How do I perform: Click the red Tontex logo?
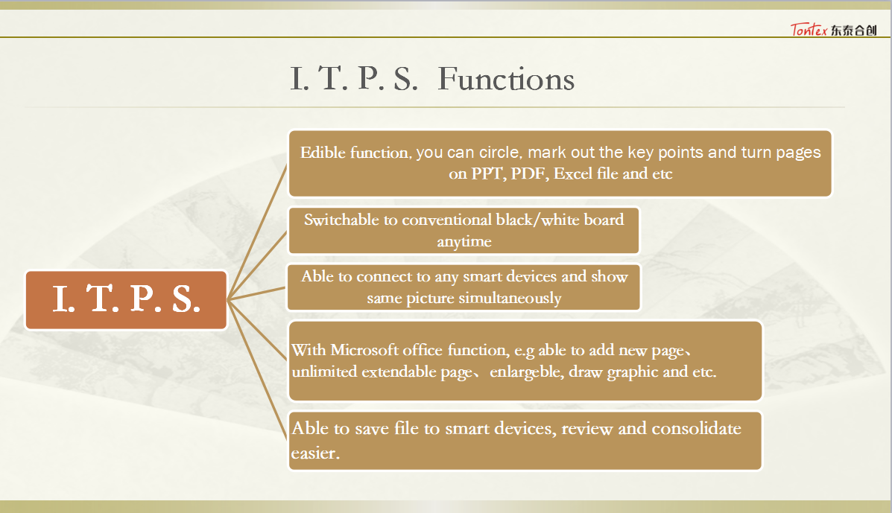click(x=809, y=30)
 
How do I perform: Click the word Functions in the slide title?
click(x=506, y=79)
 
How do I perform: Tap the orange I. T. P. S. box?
click(x=126, y=300)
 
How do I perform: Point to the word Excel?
click(x=573, y=173)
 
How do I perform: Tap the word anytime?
click(x=464, y=241)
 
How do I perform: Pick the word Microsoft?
click(x=364, y=350)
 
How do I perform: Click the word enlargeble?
click(x=525, y=372)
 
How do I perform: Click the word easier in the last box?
click(x=315, y=453)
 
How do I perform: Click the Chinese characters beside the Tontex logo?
click(x=853, y=30)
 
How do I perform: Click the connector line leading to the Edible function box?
click(x=257, y=232)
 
